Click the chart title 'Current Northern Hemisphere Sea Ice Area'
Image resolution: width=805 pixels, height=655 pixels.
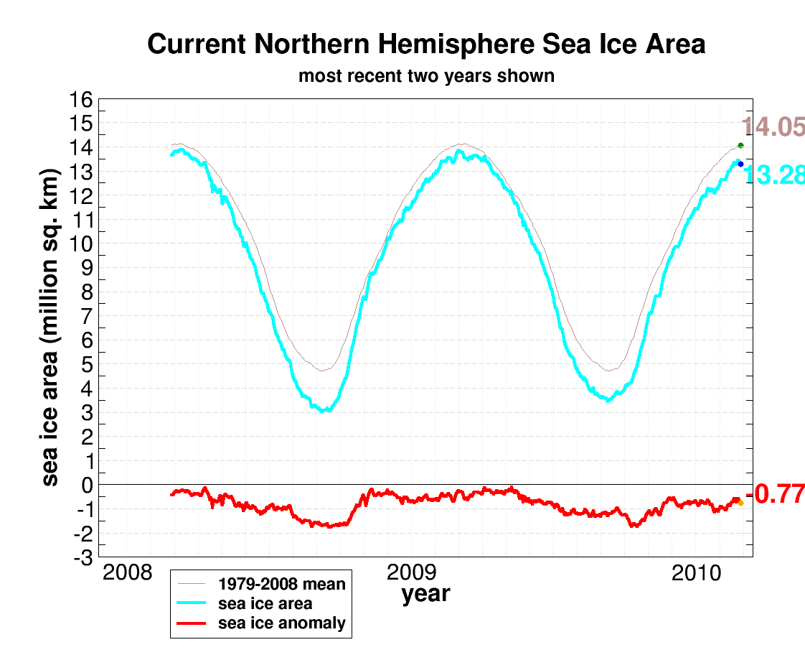point(426,45)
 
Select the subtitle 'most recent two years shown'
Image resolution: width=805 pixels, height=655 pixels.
point(426,75)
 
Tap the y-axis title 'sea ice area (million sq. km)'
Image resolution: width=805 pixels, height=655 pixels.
point(50,327)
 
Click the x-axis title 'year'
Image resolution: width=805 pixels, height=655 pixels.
point(425,595)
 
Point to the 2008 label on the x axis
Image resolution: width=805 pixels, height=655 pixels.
point(127,573)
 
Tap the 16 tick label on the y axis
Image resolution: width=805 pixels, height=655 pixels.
point(81,100)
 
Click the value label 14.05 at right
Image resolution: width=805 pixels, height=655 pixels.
point(773,127)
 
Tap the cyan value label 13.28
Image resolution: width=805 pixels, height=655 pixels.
point(773,175)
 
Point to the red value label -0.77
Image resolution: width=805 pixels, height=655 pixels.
point(775,494)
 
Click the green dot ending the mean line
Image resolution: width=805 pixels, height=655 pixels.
point(740,145)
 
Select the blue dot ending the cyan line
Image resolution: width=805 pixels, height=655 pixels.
point(740,164)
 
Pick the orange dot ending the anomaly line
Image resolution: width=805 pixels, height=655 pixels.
point(740,503)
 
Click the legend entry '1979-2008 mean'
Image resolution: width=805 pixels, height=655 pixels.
point(282,584)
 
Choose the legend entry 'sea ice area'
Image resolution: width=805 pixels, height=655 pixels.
point(265,603)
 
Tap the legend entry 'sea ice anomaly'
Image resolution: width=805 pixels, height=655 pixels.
point(282,623)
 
